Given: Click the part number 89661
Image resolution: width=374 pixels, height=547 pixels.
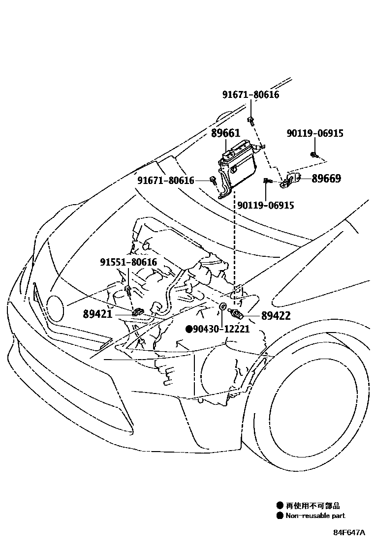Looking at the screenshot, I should [x=225, y=134].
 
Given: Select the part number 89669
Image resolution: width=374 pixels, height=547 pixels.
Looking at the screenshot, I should [x=326, y=179].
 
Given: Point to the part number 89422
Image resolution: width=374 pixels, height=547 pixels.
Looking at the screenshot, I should [x=276, y=316].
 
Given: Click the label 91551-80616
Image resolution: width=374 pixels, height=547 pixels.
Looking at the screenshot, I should [x=128, y=263].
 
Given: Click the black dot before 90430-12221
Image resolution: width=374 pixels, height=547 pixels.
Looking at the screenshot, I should [x=188, y=329].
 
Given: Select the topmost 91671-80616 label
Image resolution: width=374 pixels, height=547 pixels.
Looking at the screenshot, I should [x=250, y=94].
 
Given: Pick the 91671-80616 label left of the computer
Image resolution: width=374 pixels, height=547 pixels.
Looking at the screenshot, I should [x=166, y=181].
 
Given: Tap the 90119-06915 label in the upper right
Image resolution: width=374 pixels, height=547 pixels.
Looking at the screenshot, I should [x=315, y=133].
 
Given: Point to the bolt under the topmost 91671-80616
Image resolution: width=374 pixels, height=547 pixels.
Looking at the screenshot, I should [x=251, y=120].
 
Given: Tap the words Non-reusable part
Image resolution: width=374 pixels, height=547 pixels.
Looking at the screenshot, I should [x=315, y=516].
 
